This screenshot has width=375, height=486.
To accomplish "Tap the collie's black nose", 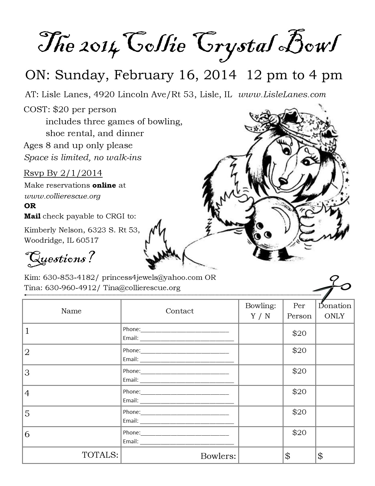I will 283,181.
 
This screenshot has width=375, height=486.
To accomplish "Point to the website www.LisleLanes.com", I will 282,95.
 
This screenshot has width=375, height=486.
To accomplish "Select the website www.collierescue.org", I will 62,196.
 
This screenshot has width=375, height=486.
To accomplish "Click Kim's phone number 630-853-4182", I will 69,277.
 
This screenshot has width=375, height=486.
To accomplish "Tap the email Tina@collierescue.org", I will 142,288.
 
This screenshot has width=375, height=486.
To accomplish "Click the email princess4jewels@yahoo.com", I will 152,277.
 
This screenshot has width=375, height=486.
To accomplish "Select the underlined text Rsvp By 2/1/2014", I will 63,173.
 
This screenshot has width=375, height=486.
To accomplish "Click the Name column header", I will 71,311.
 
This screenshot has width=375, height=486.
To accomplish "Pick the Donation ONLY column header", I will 335,311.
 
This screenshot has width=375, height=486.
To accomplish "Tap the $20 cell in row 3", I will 299,371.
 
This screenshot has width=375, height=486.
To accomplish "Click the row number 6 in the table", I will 27,434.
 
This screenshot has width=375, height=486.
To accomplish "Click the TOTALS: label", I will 100,455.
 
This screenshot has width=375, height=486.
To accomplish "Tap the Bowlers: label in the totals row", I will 218,456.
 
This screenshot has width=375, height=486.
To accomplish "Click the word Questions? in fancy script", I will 60,258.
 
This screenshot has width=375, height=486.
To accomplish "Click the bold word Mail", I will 32,216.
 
